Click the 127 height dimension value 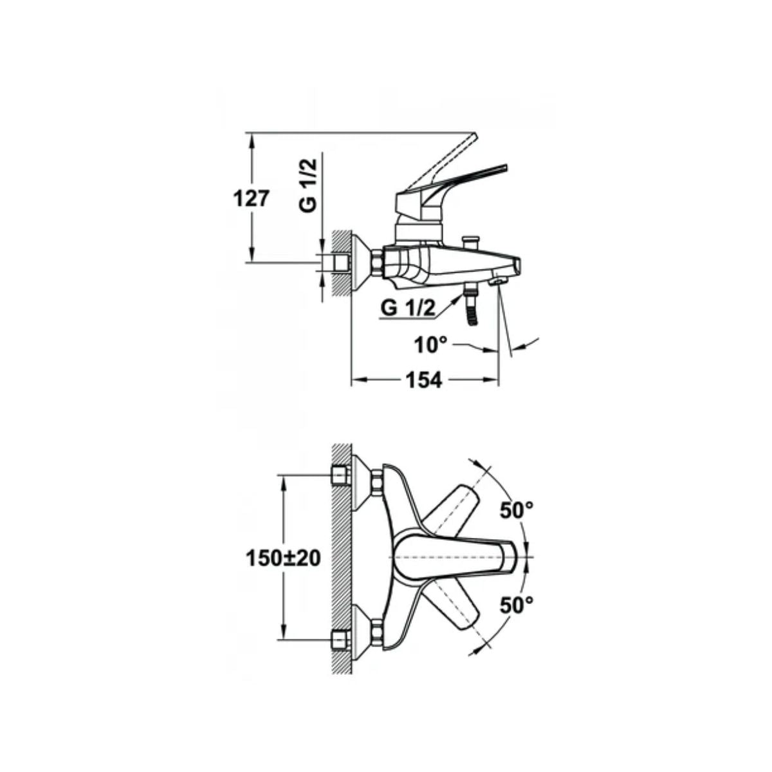click(250, 199)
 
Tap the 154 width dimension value click(424, 380)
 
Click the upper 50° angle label click(517, 511)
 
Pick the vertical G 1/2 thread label click(309, 184)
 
